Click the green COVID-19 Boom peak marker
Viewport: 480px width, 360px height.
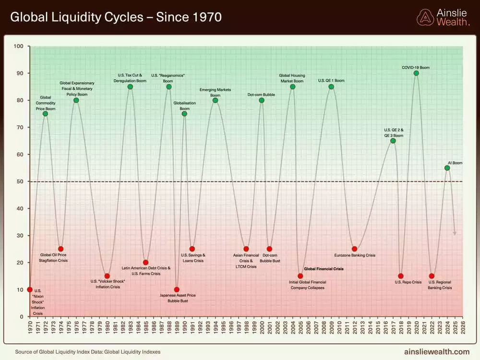pos(416,73)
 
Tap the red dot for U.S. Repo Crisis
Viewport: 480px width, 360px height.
pos(401,276)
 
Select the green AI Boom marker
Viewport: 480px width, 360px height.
pos(447,168)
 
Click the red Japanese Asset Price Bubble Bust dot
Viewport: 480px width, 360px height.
pos(177,289)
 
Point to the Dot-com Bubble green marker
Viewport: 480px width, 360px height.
pos(262,100)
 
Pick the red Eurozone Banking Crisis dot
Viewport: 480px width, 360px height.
pos(354,249)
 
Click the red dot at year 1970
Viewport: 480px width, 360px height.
pos(30,289)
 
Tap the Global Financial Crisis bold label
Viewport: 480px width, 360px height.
pos(324,269)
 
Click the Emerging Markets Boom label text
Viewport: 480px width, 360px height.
pos(215,93)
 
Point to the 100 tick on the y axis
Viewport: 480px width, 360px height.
pos(19,46)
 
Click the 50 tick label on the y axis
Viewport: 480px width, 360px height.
pos(20,181)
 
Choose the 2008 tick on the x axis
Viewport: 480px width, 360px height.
pos(324,328)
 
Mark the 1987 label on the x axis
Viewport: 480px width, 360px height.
pos(161,328)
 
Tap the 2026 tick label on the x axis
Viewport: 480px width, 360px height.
pos(463,328)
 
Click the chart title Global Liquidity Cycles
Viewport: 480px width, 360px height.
pos(116,17)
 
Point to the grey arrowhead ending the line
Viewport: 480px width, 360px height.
pos(455,233)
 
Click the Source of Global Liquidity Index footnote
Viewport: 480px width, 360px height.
pos(88,352)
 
